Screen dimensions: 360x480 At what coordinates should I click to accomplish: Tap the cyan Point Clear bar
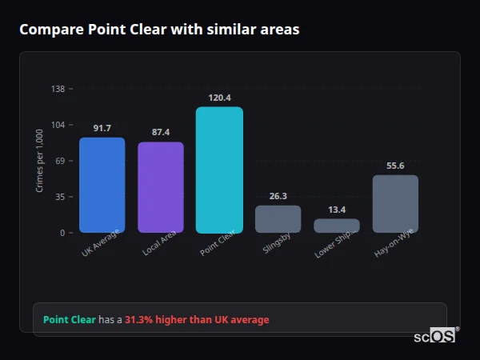click(219, 170)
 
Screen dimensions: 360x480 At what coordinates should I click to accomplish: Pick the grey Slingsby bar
click(278, 218)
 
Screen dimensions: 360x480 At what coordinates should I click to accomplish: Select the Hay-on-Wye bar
click(395, 203)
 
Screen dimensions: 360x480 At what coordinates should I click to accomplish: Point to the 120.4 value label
click(219, 98)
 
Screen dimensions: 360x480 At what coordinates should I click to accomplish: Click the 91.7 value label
click(102, 128)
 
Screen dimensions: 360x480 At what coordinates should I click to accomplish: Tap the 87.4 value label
click(161, 132)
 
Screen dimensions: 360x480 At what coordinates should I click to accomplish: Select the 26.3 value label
click(278, 195)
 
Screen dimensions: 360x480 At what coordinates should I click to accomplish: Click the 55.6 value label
click(395, 166)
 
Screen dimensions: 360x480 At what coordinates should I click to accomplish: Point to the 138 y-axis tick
click(58, 89)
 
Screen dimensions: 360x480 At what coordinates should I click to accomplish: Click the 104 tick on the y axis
click(58, 125)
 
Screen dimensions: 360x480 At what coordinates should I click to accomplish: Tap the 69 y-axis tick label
click(60, 161)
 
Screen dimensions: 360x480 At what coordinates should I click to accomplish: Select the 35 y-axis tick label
click(60, 197)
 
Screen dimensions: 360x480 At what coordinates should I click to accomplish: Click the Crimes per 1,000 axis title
click(40, 161)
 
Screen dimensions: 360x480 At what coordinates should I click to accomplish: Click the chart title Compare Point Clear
click(159, 30)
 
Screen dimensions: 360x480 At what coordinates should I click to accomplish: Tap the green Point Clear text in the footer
click(69, 320)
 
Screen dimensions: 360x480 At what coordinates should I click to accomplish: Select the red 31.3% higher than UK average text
click(197, 320)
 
